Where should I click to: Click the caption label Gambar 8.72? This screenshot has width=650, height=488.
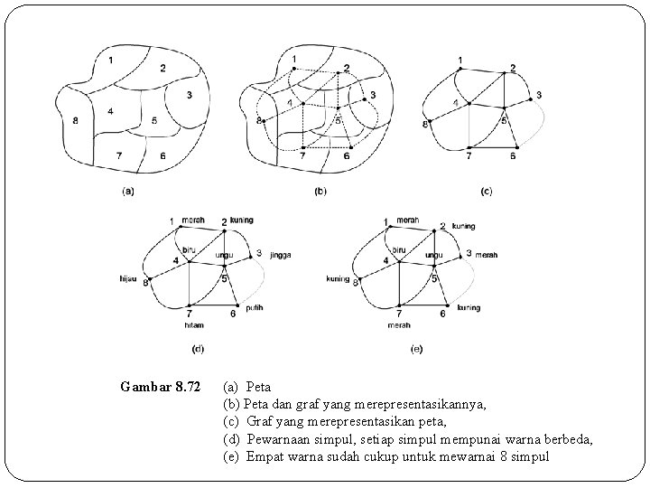pos(160,388)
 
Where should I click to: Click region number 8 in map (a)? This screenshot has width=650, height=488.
pos(75,120)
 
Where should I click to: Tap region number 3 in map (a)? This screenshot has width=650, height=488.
pos(190,96)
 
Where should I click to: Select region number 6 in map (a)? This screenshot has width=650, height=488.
pos(162,156)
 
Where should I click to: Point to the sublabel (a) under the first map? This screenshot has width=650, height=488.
pos(127,191)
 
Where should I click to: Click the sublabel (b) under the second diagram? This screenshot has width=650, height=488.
pos(320,191)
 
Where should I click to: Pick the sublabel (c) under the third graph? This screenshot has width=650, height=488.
pos(487,191)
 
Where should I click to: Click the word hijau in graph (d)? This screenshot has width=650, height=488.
pos(127,278)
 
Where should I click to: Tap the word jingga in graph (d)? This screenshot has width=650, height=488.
pos(280,256)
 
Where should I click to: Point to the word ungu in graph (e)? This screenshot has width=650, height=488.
pos(433,256)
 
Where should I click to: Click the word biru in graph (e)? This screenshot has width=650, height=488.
pos(398,249)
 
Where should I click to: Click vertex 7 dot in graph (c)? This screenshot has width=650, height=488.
pos(469,146)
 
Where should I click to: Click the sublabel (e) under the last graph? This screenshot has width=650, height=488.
pos(416,348)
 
